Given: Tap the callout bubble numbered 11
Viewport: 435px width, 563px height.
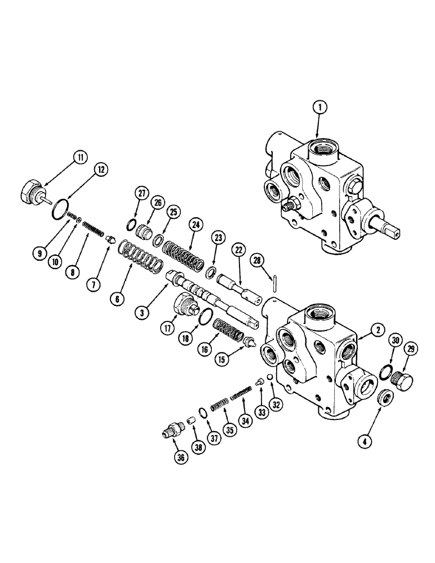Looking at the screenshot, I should coord(79,158).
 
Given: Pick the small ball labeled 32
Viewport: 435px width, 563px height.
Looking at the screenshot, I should coord(270,377).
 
